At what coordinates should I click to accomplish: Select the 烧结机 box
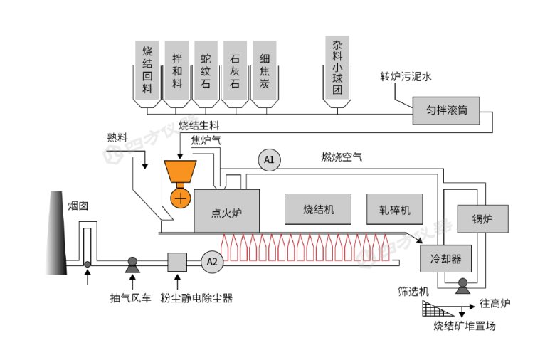[318, 209]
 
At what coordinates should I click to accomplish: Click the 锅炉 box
[482, 218]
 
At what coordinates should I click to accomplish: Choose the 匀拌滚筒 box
[446, 110]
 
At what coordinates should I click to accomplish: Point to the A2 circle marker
[211, 262]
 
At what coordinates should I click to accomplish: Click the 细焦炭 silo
[264, 71]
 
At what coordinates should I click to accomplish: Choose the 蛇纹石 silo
[206, 71]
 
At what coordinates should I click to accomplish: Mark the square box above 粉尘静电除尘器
[176, 263]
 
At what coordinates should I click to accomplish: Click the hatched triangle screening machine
[436, 308]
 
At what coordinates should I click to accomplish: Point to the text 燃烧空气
[342, 157]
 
